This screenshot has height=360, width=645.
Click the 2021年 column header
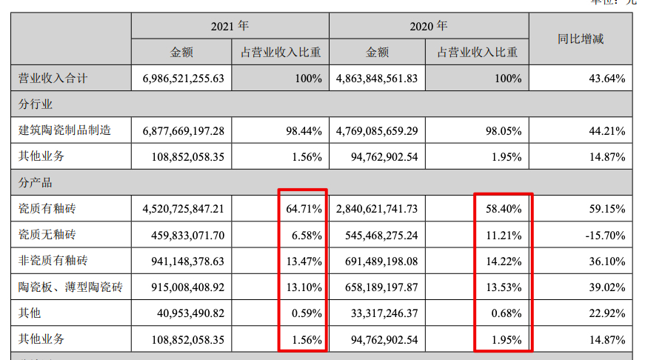tap(230, 26)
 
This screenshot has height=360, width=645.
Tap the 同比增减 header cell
tap(581, 39)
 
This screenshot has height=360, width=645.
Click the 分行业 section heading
tap(36, 104)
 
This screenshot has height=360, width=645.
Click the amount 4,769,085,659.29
tap(377, 131)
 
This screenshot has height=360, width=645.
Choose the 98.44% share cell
tap(306, 131)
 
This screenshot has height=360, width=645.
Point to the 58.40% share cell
tap(506, 210)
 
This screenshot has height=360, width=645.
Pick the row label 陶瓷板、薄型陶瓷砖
tap(70, 287)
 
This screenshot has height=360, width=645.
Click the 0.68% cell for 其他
tap(509, 313)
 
